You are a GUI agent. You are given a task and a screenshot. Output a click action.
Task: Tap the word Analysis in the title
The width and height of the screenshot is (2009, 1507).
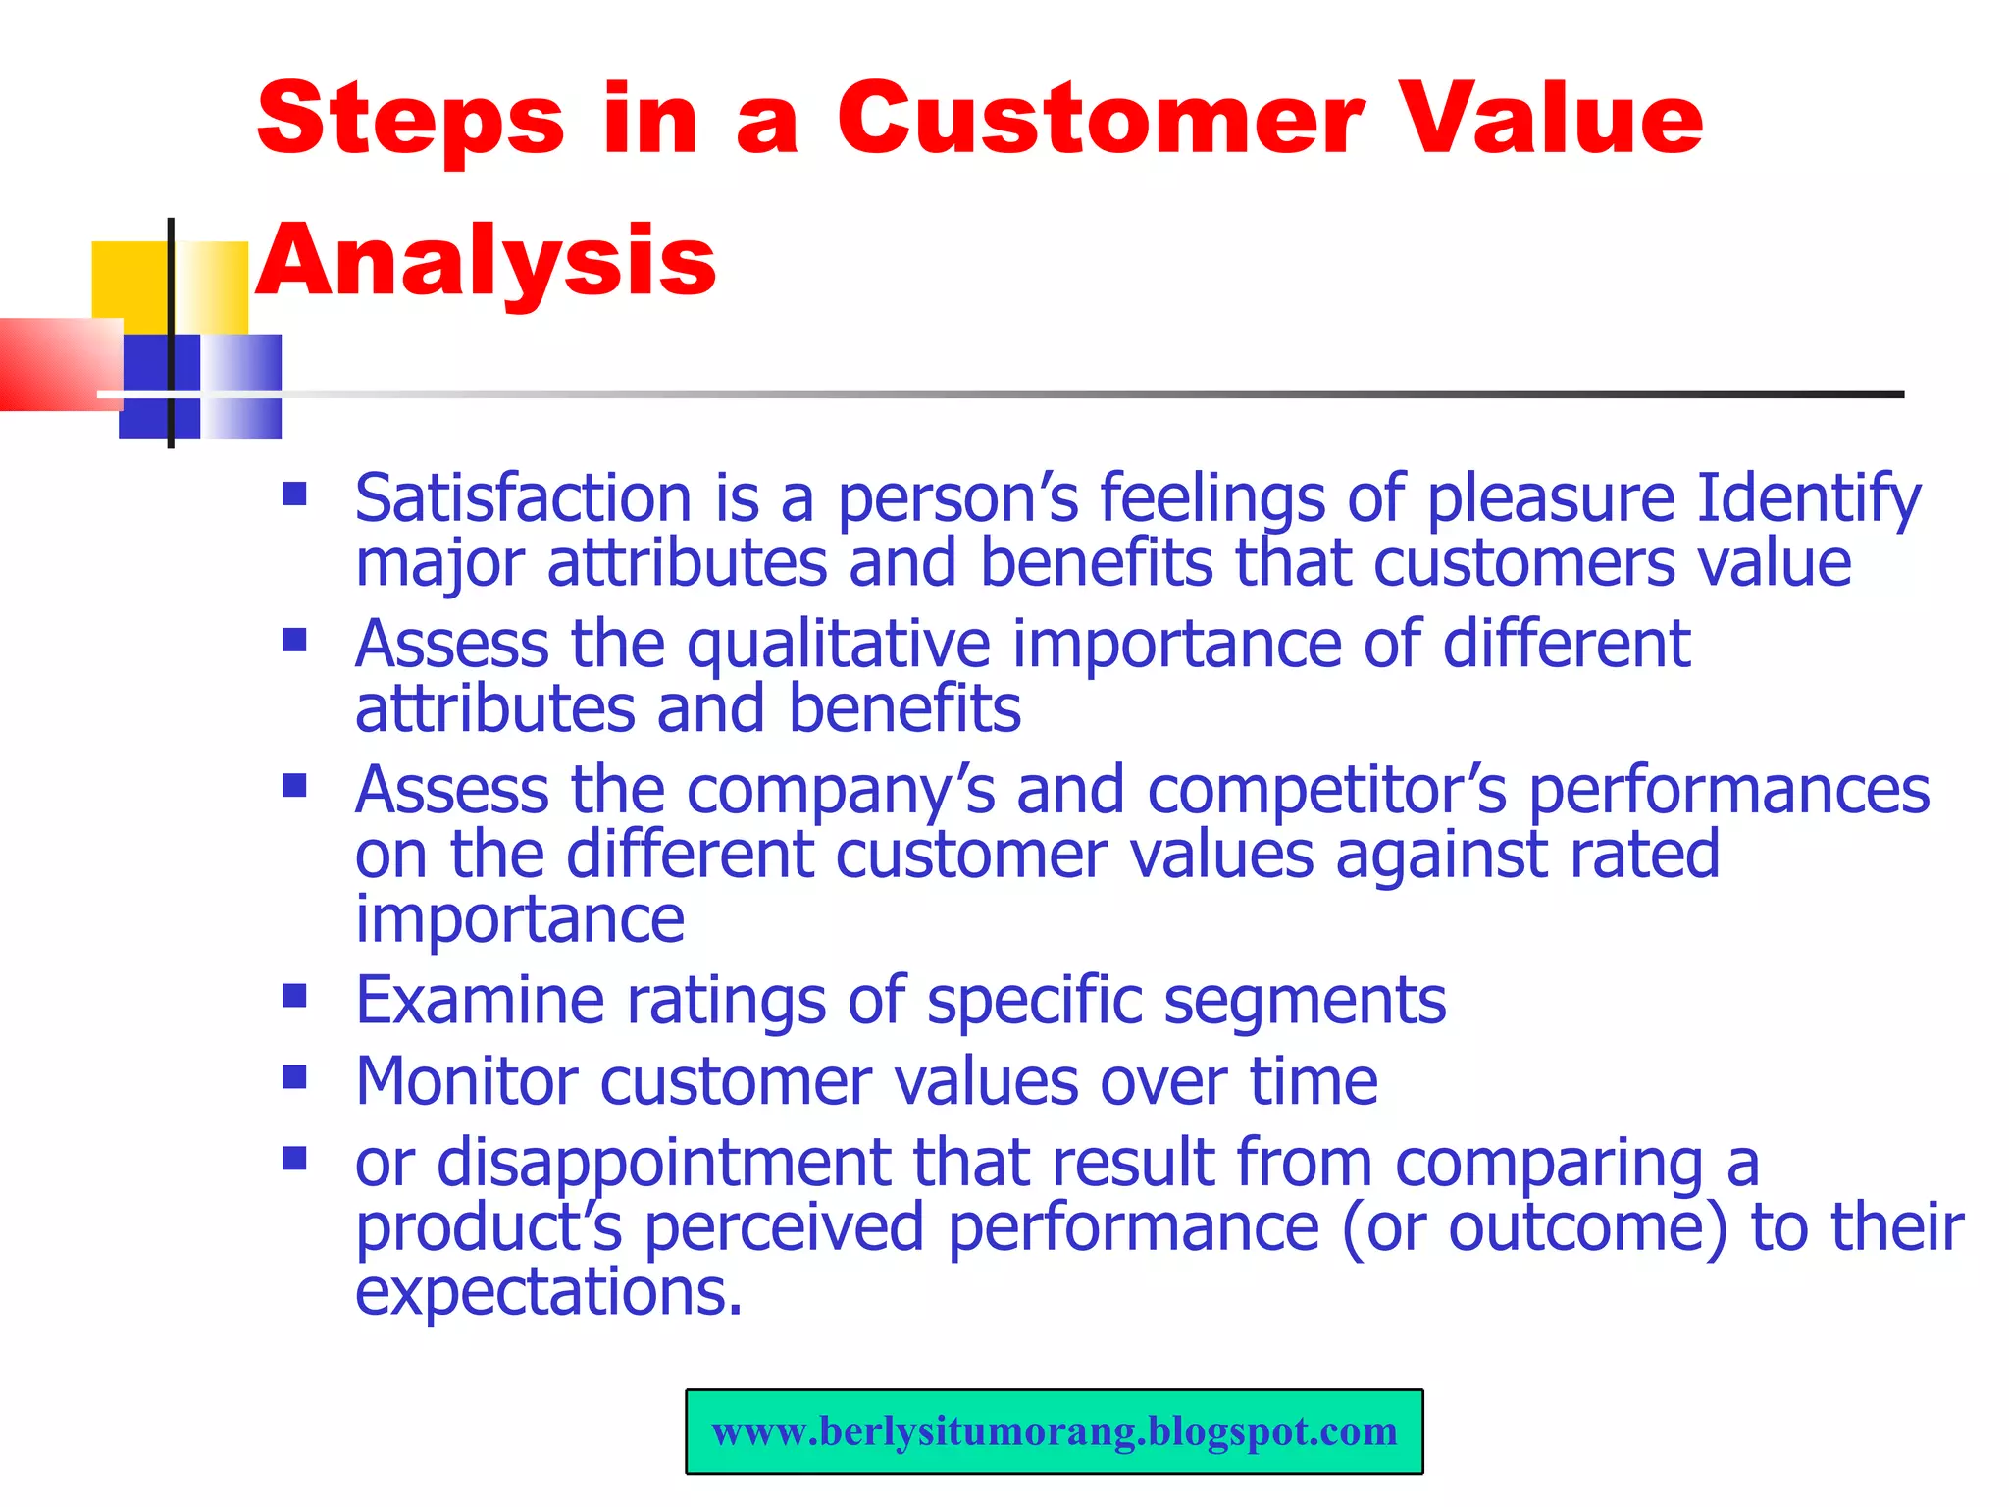pyautogui.click(x=487, y=260)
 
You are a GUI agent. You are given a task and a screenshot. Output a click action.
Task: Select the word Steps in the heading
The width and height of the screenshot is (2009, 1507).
pyautogui.click(x=411, y=120)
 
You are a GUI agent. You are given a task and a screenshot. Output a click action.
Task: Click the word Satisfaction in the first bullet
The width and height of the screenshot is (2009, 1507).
pyautogui.click(x=523, y=497)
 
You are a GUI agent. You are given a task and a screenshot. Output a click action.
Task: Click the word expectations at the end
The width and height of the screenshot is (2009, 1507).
pyautogui.click(x=546, y=1292)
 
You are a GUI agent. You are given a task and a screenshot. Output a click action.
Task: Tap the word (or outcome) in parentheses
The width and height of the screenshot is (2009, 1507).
pyautogui.click(x=1533, y=1228)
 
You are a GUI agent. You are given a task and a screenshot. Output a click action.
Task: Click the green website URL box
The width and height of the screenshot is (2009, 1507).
pyautogui.click(x=1054, y=1431)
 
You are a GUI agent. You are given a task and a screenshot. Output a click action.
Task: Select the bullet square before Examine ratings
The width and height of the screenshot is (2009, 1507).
pyautogui.click(x=294, y=997)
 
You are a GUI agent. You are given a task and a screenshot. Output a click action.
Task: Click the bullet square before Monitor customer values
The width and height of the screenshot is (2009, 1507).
pyautogui.click(x=294, y=1078)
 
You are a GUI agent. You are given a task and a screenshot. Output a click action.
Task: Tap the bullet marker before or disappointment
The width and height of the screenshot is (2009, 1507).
pyautogui.click(x=294, y=1159)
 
